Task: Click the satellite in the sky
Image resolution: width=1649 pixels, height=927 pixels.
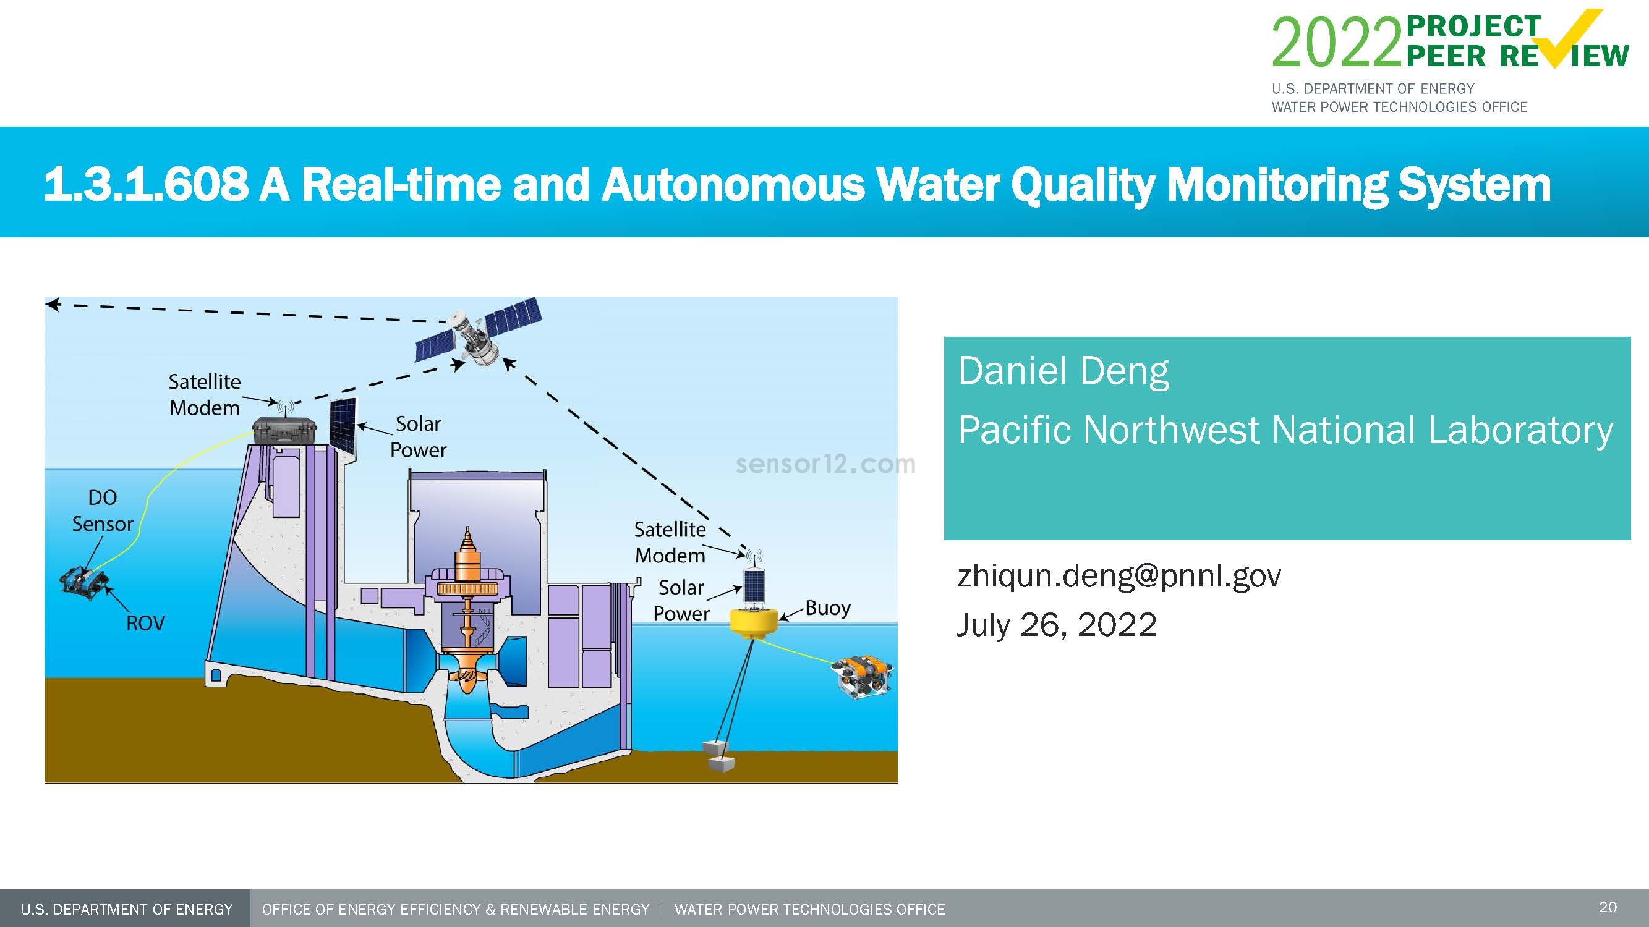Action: [x=477, y=339]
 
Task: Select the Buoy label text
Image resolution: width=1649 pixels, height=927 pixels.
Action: [x=827, y=607]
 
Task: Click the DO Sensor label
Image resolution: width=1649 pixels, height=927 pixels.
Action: [x=102, y=510]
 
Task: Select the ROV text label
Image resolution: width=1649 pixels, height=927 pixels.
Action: [x=145, y=622]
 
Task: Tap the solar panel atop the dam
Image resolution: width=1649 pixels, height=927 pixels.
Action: [x=343, y=425]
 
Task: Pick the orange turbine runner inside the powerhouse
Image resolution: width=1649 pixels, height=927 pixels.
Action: [x=467, y=672]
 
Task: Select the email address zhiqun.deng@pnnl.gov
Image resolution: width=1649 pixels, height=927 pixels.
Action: [x=1119, y=575]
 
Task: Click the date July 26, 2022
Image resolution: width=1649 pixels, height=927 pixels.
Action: [x=1056, y=624]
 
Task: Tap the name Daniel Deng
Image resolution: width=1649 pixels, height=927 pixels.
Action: [x=1063, y=371]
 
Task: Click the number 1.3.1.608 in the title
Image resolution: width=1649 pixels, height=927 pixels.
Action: [x=146, y=184]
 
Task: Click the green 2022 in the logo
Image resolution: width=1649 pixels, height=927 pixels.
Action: [x=1337, y=42]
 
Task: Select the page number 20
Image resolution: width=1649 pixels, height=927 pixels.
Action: [x=1608, y=907]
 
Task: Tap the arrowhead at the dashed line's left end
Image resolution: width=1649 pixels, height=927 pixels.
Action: [x=53, y=305]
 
